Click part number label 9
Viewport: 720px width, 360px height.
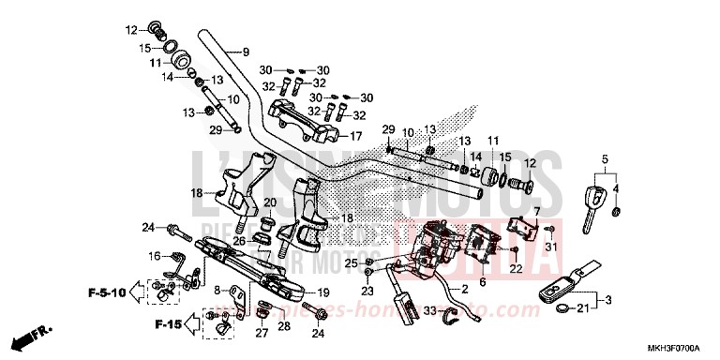[246, 52]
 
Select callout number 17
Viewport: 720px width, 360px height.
[355, 135]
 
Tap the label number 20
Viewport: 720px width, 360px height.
[269, 202]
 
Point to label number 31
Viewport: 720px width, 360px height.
[551, 247]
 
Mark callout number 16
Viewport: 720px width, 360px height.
[154, 255]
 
